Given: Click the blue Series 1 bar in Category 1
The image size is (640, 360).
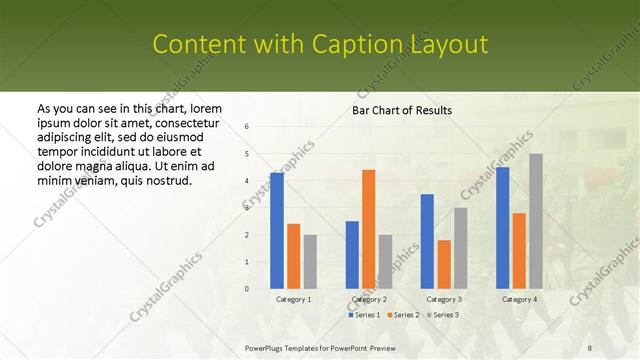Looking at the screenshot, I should [277, 231].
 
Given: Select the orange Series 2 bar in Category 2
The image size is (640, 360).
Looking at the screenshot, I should [368, 229].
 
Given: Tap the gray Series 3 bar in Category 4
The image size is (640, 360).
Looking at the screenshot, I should [536, 221].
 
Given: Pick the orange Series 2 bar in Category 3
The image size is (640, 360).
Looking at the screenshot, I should [444, 264].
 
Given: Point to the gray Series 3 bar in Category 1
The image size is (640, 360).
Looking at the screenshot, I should [310, 262].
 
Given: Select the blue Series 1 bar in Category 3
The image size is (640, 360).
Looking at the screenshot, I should [427, 241].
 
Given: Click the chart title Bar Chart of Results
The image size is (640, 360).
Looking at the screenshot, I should [402, 110].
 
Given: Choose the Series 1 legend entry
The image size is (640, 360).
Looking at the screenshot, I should [365, 315].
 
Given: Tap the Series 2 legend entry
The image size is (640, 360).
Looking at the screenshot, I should [403, 315].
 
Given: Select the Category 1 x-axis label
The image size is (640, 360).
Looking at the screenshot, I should [294, 299].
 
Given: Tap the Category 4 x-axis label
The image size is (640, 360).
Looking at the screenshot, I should [519, 299].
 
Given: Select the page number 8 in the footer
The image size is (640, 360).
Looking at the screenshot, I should [590, 347].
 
